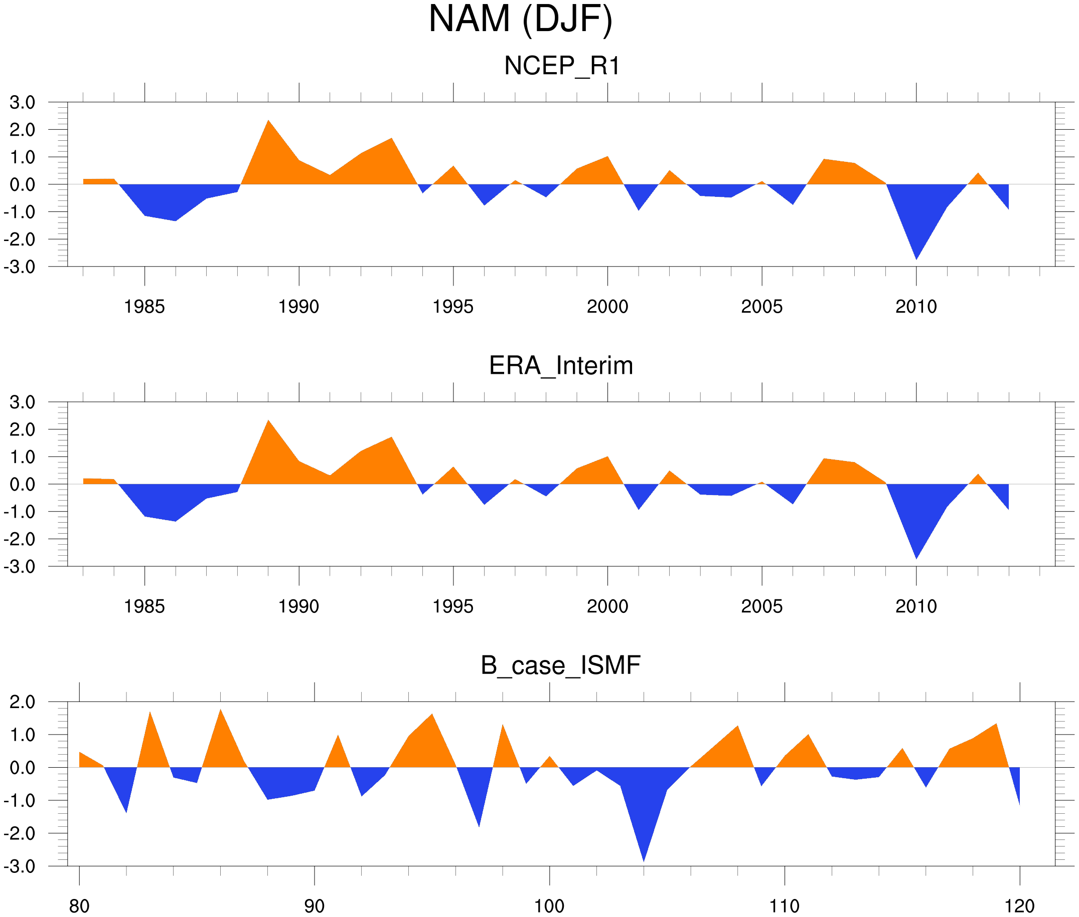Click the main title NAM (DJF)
tap(520, 20)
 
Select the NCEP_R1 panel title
tap(562, 66)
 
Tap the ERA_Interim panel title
tap(561, 366)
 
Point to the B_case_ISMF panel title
tap(560, 665)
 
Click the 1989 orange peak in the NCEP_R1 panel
tap(268, 125)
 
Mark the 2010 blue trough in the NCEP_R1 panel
tap(916, 255)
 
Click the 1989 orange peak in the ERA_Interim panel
tap(268, 425)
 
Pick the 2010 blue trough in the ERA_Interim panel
tap(916, 554)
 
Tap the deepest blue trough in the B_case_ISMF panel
tap(644, 855)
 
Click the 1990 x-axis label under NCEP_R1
tap(298, 307)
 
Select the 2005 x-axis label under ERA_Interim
tap(761, 607)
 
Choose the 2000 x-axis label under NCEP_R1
tap(607, 307)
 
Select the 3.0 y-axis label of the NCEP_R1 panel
tap(23, 102)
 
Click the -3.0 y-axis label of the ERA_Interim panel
tap(19, 567)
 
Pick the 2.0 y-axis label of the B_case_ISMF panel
tap(23, 702)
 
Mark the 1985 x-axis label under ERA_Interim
tap(144, 607)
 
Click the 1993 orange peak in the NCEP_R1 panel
tap(391, 142)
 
